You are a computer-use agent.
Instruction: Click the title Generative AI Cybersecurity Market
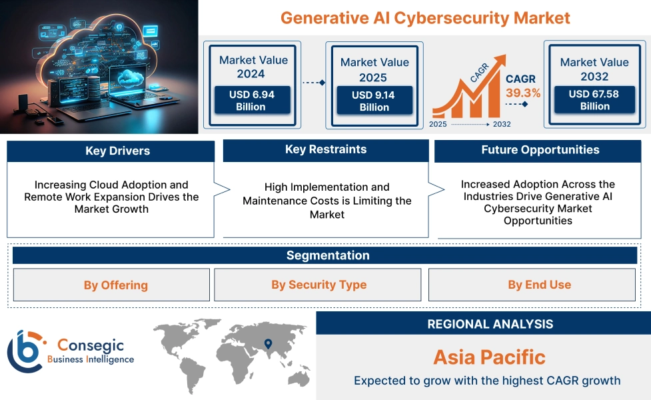(425, 17)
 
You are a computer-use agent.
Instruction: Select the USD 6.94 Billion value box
(251, 101)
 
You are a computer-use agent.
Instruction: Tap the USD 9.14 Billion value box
(374, 101)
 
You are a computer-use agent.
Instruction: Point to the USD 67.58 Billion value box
(594, 100)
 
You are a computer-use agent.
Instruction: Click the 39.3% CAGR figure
(523, 93)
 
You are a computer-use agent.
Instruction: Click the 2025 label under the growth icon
(438, 124)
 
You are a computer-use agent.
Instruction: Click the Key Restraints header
(326, 149)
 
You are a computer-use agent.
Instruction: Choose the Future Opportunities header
(540, 150)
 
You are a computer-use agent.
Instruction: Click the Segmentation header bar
(327, 255)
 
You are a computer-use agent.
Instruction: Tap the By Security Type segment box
(319, 285)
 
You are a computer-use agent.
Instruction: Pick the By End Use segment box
(539, 285)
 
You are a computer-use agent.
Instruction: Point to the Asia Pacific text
(489, 357)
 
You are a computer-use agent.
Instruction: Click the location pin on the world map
(268, 344)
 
